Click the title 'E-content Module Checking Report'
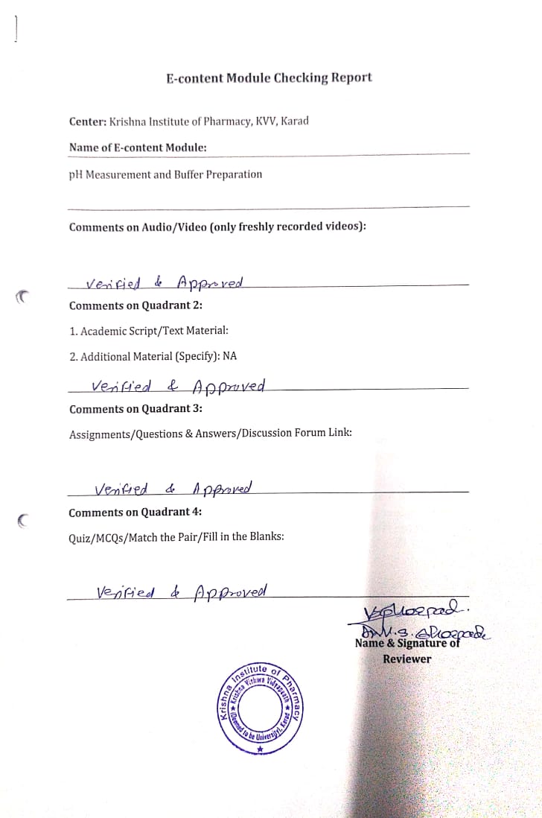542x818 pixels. pos(269,77)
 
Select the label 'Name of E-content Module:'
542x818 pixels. pos(138,148)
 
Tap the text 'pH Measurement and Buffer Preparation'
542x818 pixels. pos(165,174)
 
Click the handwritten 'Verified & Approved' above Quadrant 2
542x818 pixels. pos(165,283)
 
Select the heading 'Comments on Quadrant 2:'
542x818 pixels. pos(135,305)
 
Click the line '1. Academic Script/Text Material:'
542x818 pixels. pos(149,331)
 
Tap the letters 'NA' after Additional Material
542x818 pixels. pos(229,356)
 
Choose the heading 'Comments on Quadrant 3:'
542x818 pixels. pos(135,409)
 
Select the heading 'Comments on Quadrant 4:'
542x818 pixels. pos(135,513)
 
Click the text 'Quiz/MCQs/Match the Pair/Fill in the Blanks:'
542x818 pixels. pos(176,536)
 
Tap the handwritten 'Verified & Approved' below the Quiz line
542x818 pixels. pos(182,592)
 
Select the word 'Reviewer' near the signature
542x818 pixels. pos(407,659)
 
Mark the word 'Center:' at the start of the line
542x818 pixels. pos(88,121)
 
